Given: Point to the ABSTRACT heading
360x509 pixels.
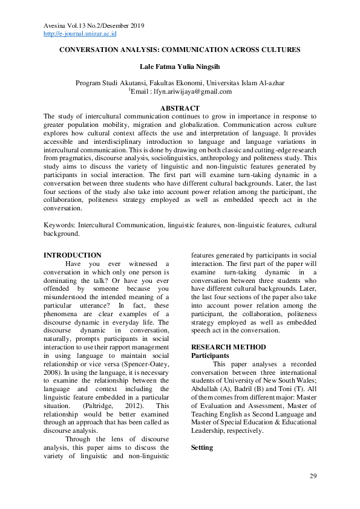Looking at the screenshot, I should tap(180, 108).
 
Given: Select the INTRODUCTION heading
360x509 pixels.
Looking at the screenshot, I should tap(73, 255).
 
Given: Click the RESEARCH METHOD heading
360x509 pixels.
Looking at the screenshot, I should tap(228, 347).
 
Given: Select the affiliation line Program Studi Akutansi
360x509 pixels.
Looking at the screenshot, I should tap(179, 83).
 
